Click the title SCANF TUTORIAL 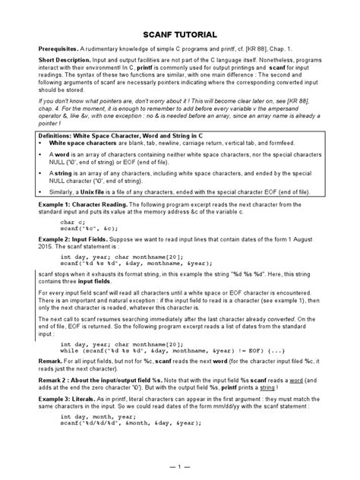(x=180, y=35)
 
